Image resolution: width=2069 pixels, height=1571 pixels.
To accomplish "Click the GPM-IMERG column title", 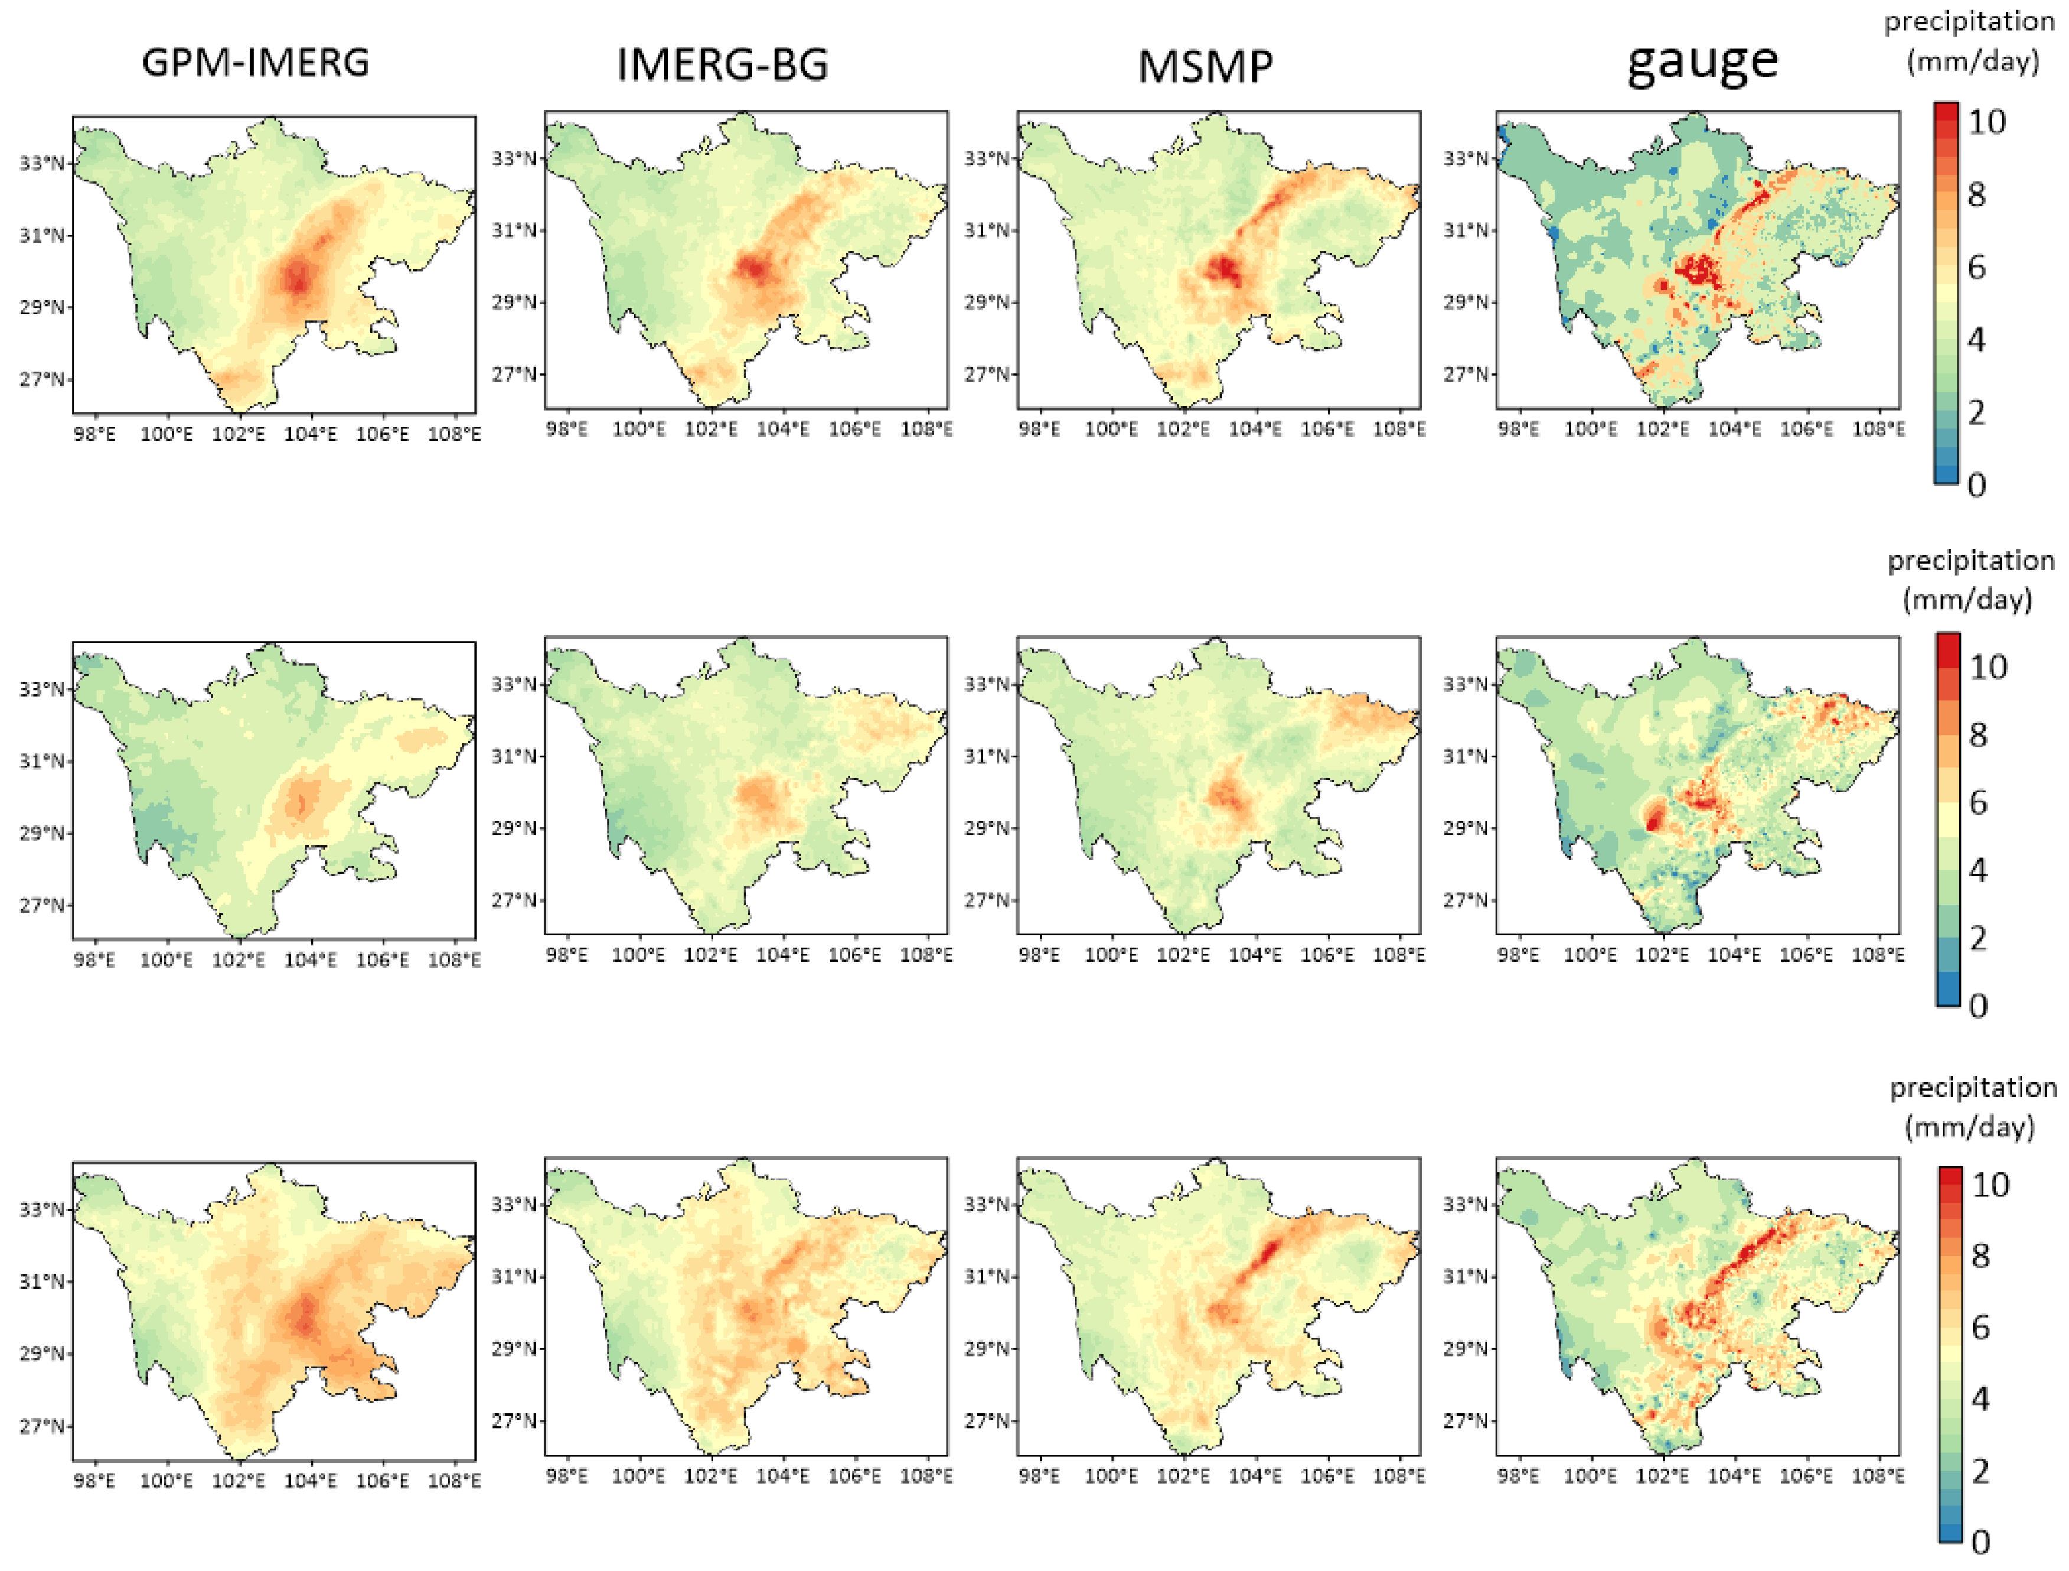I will click(x=255, y=63).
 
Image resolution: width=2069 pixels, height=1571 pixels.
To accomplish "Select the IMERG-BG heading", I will click(x=722, y=64).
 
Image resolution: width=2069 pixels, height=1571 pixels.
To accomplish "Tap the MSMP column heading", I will click(x=1205, y=66).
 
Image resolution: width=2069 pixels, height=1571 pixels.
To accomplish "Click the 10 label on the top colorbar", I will click(x=1987, y=122).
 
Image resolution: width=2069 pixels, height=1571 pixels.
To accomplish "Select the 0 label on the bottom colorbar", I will click(x=1980, y=1541).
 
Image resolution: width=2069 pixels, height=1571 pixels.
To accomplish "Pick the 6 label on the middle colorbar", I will click(x=1977, y=802).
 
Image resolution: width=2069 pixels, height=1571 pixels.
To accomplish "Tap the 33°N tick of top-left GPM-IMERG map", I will click(x=42, y=164).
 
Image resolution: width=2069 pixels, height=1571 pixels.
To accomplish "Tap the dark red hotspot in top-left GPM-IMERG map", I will click(x=298, y=277).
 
